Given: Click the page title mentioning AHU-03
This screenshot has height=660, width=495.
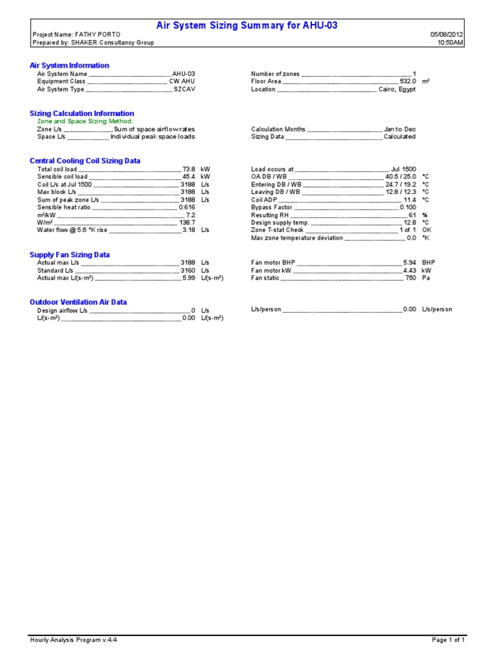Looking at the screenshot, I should click(x=247, y=26).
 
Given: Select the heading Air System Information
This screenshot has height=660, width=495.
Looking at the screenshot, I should click(x=70, y=66).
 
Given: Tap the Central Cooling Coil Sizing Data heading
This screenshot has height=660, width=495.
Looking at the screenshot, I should click(x=85, y=161).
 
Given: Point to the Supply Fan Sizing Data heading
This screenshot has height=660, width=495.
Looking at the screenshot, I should click(x=70, y=255).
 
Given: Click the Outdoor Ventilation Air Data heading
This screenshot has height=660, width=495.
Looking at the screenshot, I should click(x=78, y=302).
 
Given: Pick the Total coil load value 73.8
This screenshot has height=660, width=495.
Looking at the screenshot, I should click(x=189, y=169).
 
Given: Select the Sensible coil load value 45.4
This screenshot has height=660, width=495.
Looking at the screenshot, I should click(x=189, y=177).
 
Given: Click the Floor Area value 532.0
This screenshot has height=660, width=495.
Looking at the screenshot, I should click(x=408, y=82).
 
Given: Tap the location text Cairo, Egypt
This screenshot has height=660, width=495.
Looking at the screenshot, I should click(x=397, y=90).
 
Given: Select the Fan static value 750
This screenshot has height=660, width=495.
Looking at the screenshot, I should click(x=411, y=278).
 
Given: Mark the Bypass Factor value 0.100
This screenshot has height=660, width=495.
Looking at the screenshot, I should click(x=408, y=208).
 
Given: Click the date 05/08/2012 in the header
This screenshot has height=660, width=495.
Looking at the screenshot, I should click(x=447, y=35).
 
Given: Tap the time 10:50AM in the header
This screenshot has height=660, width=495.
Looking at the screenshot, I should click(x=451, y=43).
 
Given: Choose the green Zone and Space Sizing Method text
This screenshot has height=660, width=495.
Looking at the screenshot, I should click(x=85, y=121).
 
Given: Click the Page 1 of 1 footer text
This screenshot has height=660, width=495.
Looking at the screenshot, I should click(x=448, y=640).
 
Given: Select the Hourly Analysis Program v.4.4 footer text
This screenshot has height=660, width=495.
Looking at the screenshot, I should click(x=73, y=640).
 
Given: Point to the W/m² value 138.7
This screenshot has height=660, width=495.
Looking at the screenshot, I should click(x=188, y=223).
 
